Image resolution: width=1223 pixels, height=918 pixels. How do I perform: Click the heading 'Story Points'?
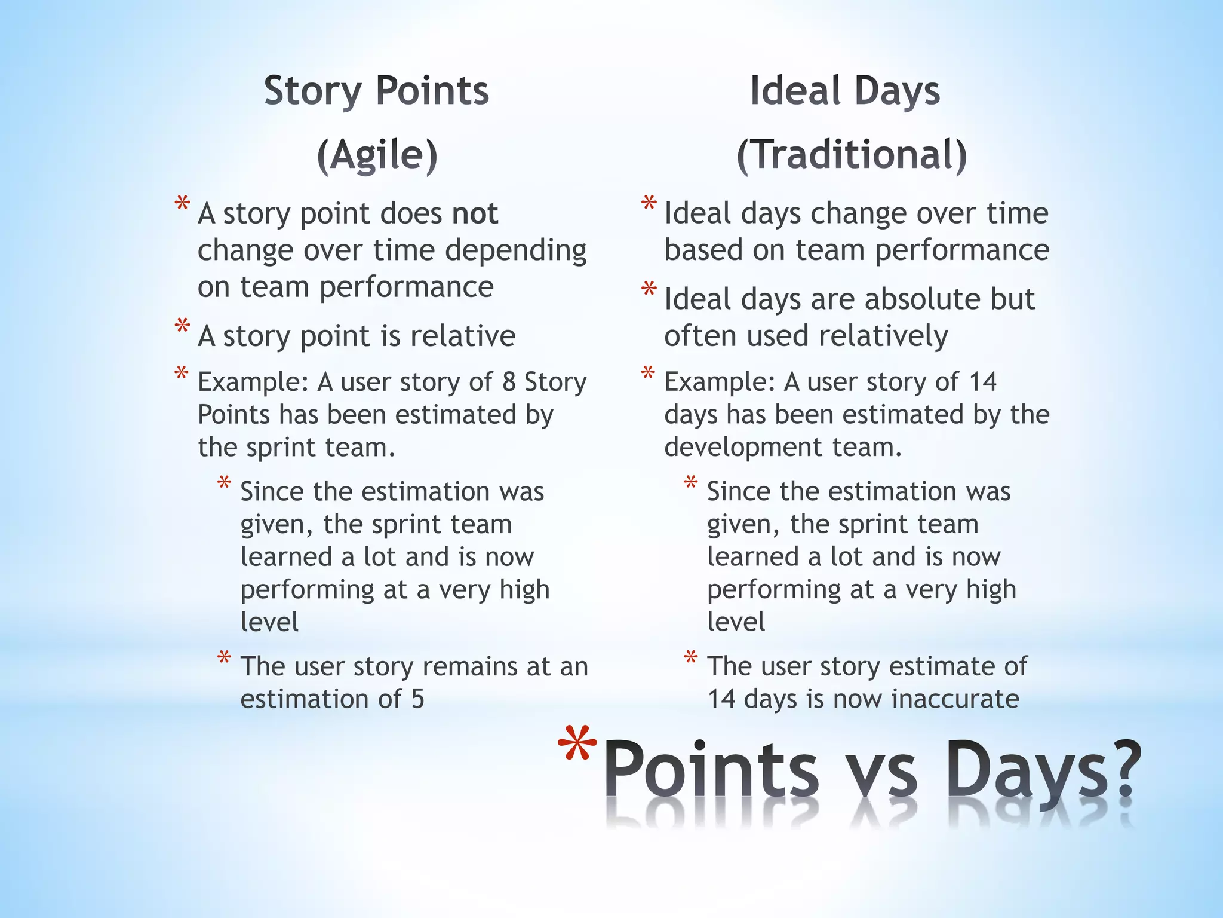tap(376, 91)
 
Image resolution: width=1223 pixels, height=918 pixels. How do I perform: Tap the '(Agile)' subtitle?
tap(377, 155)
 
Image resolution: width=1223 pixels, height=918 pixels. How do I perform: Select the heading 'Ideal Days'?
tap(844, 91)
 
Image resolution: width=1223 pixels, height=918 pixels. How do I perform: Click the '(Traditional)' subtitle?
tap(852, 155)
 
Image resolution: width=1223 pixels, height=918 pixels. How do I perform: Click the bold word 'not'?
tap(475, 213)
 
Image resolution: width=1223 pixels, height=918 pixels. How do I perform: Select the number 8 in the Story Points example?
tap(509, 382)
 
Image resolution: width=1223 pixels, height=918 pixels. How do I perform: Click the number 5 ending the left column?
tap(417, 699)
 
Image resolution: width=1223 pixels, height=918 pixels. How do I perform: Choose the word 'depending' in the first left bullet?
tap(515, 250)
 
